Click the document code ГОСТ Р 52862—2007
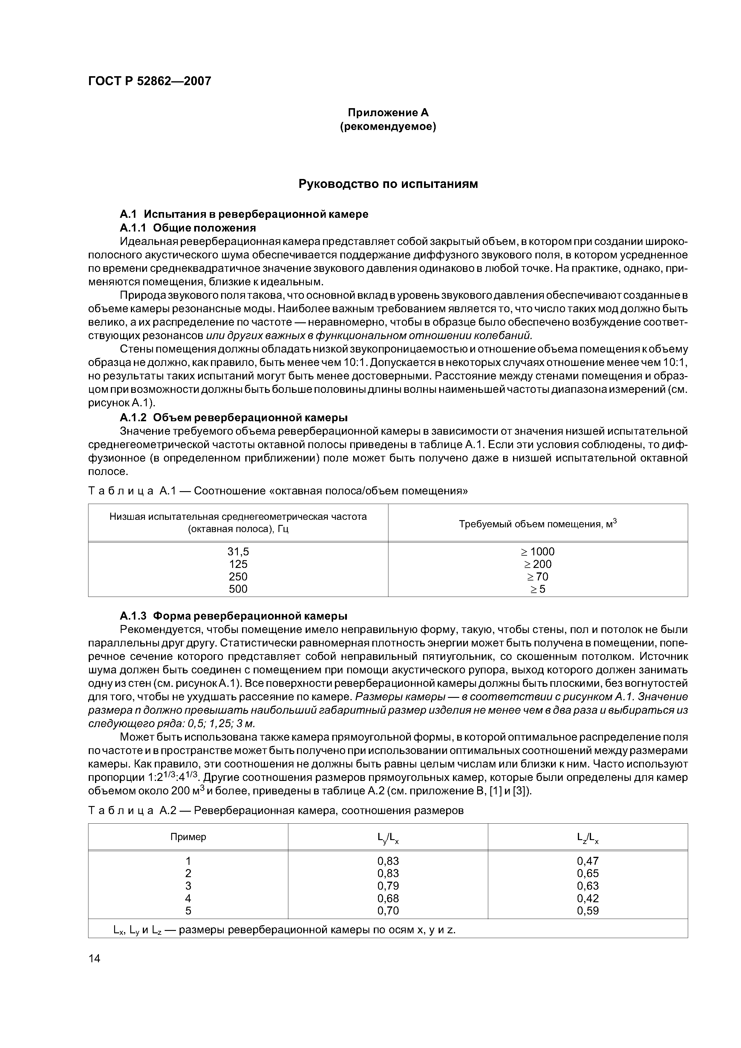pyautogui.click(x=150, y=81)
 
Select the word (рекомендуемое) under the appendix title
pyautogui.click(x=388, y=126)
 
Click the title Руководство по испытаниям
pyautogui.click(x=388, y=184)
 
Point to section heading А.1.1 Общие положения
pyautogui.click(x=188, y=227)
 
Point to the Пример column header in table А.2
pyautogui.click(x=188, y=837)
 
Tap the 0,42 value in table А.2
pyautogui.click(x=588, y=898)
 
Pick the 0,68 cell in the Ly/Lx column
pyautogui.click(x=388, y=898)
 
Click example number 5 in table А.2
pyautogui.click(x=188, y=911)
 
